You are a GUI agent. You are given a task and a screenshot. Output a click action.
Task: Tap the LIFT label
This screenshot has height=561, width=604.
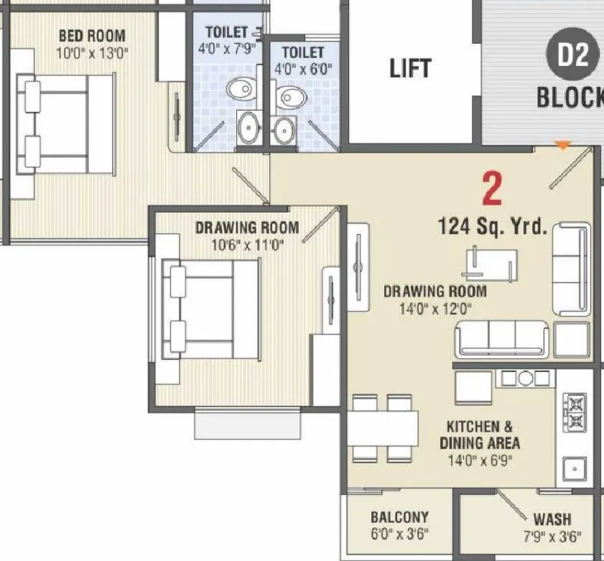[x=410, y=68]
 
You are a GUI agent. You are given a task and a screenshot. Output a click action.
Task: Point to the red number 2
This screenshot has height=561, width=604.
[x=492, y=189]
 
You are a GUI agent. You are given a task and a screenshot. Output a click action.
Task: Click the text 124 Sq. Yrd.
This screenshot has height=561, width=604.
[x=493, y=228]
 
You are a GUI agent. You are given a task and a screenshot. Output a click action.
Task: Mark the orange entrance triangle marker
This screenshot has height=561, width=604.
[x=564, y=146]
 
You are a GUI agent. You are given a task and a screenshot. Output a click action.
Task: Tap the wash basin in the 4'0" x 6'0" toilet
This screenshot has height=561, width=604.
[x=282, y=130]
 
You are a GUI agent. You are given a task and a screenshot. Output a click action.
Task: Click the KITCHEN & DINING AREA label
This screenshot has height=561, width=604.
[x=480, y=435]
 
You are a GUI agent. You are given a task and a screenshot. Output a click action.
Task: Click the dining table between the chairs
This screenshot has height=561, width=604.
[x=384, y=429]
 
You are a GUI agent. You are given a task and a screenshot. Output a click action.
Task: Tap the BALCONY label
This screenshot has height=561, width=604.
[x=399, y=517]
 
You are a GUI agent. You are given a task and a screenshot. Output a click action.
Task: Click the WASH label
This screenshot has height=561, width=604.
[x=552, y=519]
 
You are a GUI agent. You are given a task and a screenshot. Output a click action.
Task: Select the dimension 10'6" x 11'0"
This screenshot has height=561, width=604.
[x=246, y=244]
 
